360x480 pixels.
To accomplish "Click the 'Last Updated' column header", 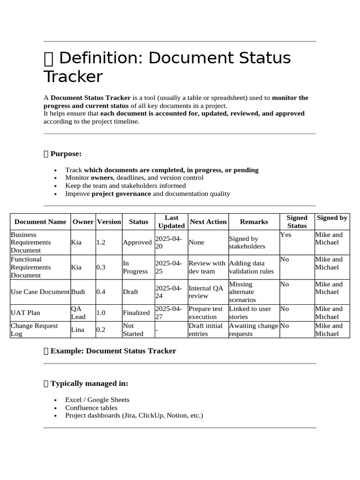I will click(172, 222).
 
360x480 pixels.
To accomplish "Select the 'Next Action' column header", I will click(208, 222).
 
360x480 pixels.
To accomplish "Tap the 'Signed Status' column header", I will click(297, 222).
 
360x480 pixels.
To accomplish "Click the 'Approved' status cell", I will click(137, 242).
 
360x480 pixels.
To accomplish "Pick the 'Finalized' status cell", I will click(136, 313).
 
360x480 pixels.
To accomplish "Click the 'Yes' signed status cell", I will click(285, 234).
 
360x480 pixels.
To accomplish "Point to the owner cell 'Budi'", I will click(78, 292).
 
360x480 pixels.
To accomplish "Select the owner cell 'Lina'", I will click(78, 330).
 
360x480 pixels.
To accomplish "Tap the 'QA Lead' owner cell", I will click(78, 313).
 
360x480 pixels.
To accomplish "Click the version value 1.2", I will click(101, 242).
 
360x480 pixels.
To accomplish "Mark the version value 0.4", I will click(101, 292).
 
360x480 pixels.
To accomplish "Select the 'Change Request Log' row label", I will click(34, 330).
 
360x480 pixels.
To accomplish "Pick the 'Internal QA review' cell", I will click(206, 292).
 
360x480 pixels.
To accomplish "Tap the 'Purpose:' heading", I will click(66, 154).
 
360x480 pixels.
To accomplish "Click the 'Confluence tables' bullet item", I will click(91, 407).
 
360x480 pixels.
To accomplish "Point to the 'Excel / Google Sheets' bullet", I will click(97, 400).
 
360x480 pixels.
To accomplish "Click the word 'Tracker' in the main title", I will click(73, 77).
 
